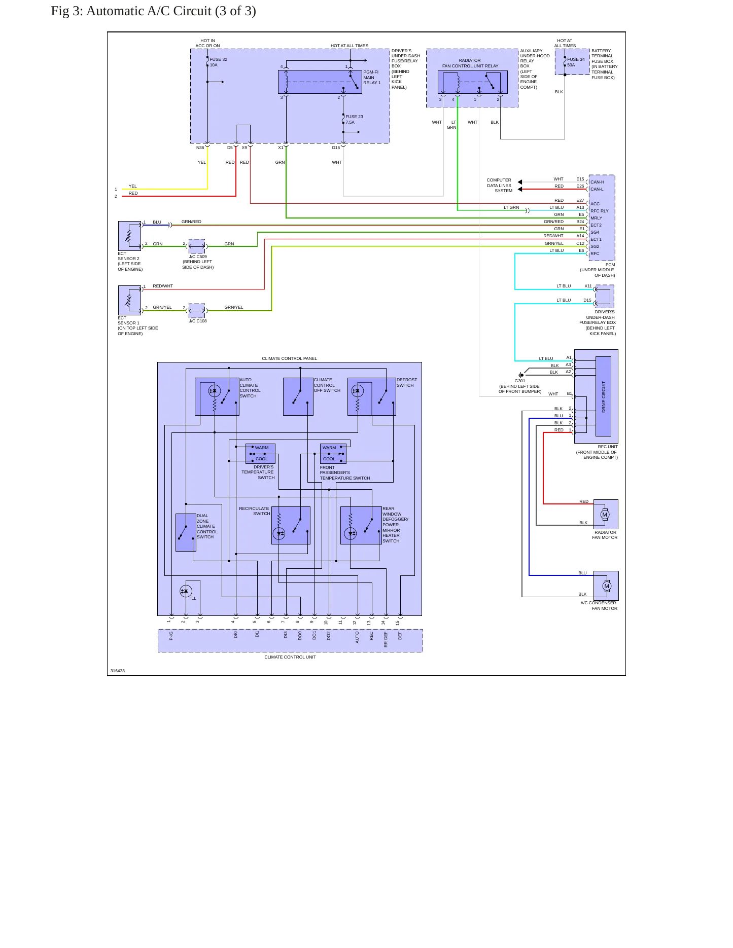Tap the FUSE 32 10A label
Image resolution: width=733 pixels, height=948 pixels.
218,62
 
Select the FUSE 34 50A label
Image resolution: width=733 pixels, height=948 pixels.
576,62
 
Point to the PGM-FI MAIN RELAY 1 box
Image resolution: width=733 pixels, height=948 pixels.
320,82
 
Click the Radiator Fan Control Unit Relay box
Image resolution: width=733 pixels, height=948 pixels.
472,82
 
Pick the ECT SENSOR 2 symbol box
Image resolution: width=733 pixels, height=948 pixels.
129,236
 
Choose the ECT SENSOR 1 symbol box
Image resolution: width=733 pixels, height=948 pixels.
129,300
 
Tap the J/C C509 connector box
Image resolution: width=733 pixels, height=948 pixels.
197,246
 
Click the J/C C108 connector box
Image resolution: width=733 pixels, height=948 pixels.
197,311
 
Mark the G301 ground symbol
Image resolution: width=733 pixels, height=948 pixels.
521,375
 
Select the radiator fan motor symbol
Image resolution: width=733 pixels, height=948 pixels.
605,515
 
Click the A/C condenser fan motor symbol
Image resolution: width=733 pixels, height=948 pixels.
607,586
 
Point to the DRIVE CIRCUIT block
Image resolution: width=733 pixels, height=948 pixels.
603,396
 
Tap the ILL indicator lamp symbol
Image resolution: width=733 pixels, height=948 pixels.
186,591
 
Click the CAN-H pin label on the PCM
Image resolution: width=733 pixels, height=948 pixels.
597,182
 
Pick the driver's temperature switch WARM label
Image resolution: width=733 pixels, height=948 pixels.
262,448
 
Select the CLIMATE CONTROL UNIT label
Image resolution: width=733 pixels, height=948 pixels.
290,657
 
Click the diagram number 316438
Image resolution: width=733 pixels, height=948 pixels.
118,671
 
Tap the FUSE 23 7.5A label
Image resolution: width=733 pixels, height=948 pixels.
354,120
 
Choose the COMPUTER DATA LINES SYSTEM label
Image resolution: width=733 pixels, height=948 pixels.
499,186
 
